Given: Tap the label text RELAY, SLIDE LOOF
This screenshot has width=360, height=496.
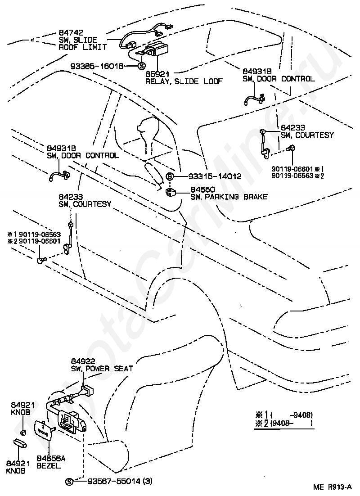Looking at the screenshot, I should pos(184,81).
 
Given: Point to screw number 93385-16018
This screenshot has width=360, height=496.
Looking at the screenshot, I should pos(103,66).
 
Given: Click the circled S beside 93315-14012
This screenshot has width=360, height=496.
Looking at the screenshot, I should pos(170,176).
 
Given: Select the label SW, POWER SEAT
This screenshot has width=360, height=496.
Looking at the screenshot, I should pos(102,369).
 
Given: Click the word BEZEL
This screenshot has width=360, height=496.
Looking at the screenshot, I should pos(48,466).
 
